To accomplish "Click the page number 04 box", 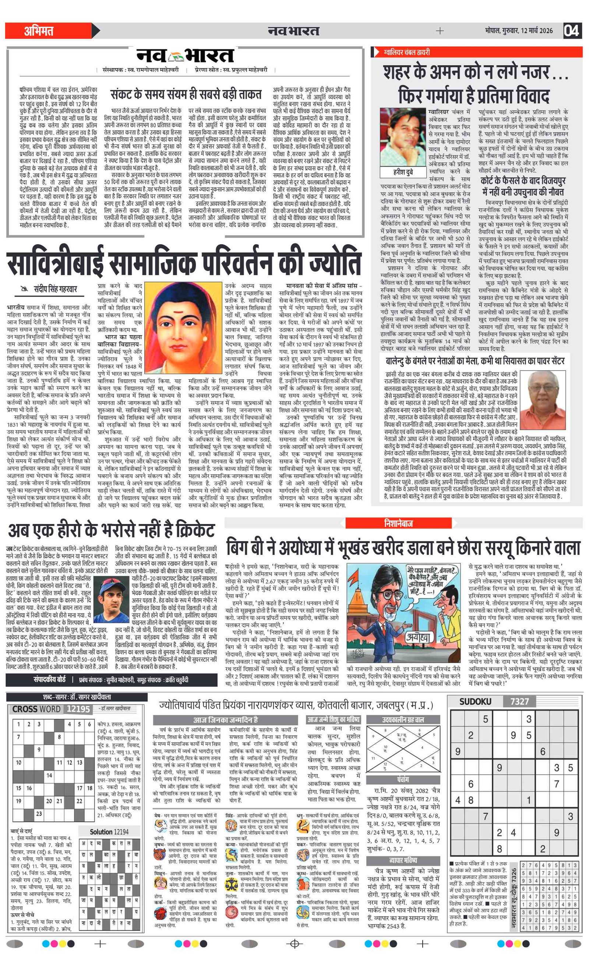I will (572, 31).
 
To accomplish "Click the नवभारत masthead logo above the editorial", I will (185, 56).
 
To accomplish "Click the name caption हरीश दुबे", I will (403, 172).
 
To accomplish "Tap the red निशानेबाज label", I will (398, 523).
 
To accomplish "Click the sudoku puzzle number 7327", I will (519, 701).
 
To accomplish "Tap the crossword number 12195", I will (78, 709).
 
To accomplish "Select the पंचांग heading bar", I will (403, 779).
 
